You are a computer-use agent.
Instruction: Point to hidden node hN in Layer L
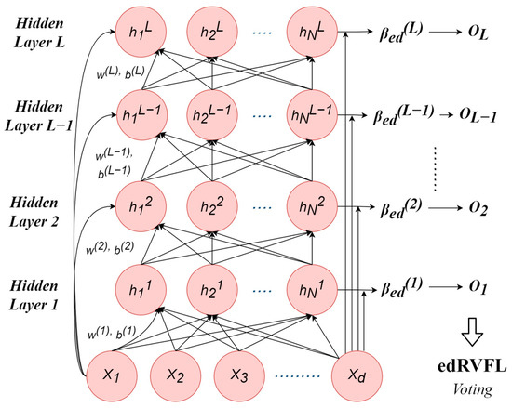tap(311, 35)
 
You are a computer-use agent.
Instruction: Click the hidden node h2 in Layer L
tap(210, 35)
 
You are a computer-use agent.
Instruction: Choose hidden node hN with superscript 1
tap(311, 289)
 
